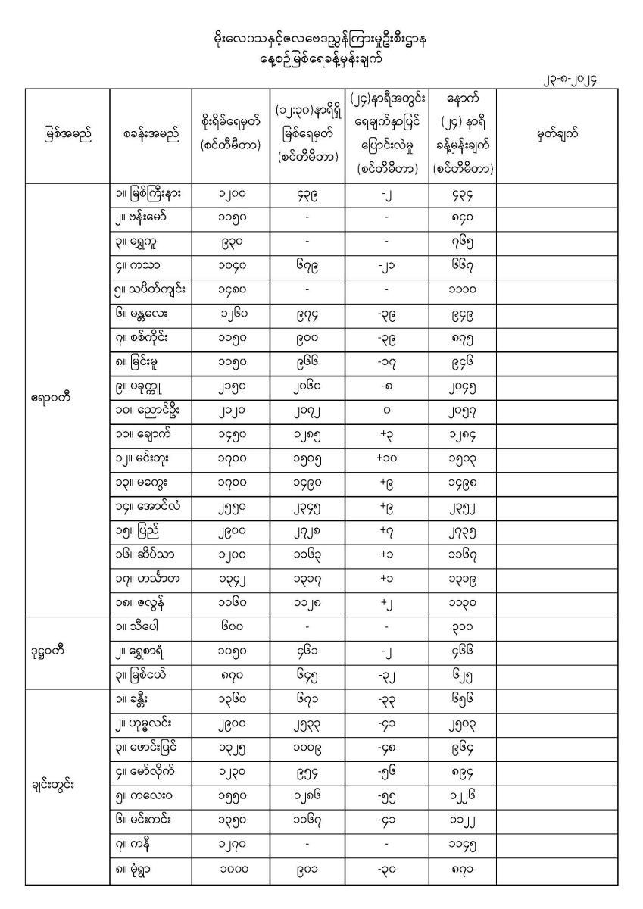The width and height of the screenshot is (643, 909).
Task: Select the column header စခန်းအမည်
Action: point(151,135)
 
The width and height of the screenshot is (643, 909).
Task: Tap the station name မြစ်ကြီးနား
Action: point(154,194)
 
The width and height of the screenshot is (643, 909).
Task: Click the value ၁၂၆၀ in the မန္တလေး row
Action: point(229,312)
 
